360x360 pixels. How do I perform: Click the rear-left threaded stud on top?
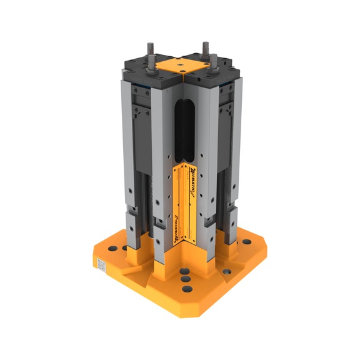click(x=151, y=49)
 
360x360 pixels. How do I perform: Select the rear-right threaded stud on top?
click(x=204, y=49)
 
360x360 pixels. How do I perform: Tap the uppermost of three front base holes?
click(x=186, y=271)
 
